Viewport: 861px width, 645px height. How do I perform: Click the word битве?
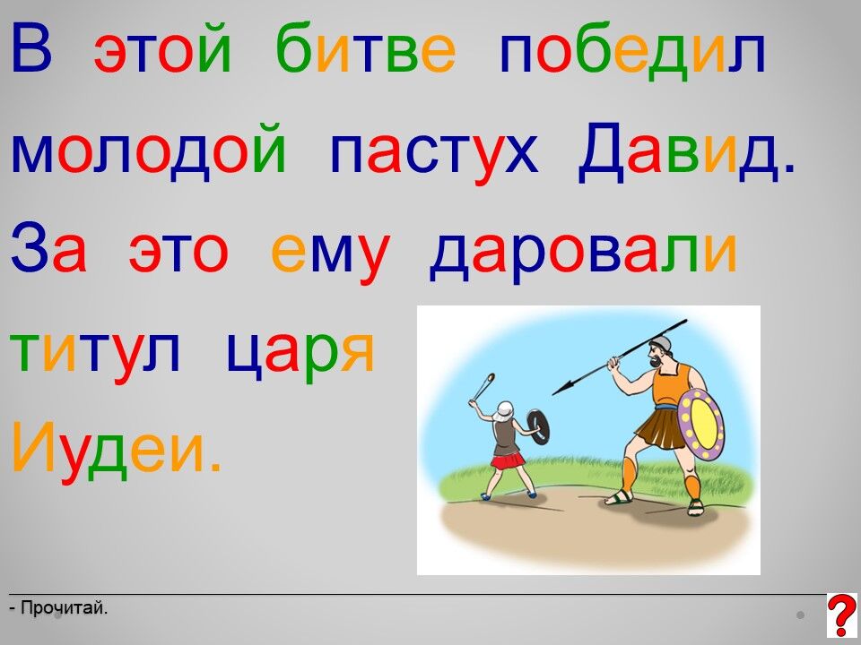click(x=366, y=47)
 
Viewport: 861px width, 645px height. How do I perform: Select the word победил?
click(x=632, y=50)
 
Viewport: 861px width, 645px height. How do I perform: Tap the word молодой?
click(x=148, y=150)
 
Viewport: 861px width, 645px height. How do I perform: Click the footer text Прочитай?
click(x=58, y=608)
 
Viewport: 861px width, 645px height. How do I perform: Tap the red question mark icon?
click(x=841, y=615)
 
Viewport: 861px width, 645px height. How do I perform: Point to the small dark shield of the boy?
click(x=538, y=426)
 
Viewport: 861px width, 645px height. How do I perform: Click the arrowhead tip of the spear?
click(x=552, y=394)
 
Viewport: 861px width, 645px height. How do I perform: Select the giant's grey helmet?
click(x=661, y=344)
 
